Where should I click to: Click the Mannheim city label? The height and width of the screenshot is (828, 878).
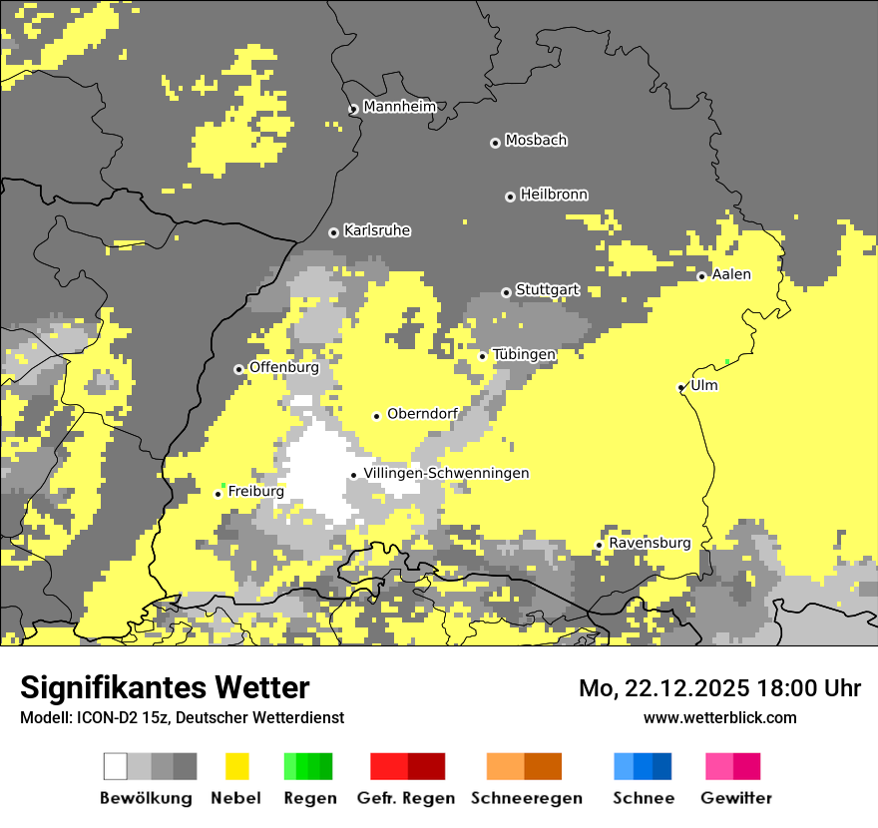coord(399,107)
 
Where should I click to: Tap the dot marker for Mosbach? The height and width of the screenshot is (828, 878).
coord(495,143)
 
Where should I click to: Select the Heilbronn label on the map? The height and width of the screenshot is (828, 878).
coord(554,195)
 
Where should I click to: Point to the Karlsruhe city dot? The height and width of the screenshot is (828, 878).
coord(333,232)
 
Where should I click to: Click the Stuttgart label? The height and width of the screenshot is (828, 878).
coord(547,290)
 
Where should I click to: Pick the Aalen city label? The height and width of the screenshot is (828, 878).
coord(731,274)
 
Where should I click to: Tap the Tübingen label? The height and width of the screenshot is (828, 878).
coord(524,354)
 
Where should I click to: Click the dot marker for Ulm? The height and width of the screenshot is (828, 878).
coord(680,387)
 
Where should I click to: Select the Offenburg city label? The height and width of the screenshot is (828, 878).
coord(283,367)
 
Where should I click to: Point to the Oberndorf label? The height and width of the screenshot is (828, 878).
coord(422,414)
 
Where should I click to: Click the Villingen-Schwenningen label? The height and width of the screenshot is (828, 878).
coord(446,473)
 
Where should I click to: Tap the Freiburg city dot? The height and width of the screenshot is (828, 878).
coord(218,494)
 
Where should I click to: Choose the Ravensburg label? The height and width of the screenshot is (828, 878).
coord(650,544)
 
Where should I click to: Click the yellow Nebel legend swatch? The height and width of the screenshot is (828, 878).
coord(237,766)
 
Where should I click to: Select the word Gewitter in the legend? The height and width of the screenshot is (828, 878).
coord(735,798)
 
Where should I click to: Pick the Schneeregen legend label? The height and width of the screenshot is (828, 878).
coord(527,798)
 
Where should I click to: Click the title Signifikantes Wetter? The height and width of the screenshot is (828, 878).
coord(165,687)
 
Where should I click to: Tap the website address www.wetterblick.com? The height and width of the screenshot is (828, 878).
coord(719,717)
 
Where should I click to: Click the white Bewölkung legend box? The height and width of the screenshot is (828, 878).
coord(116,766)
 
